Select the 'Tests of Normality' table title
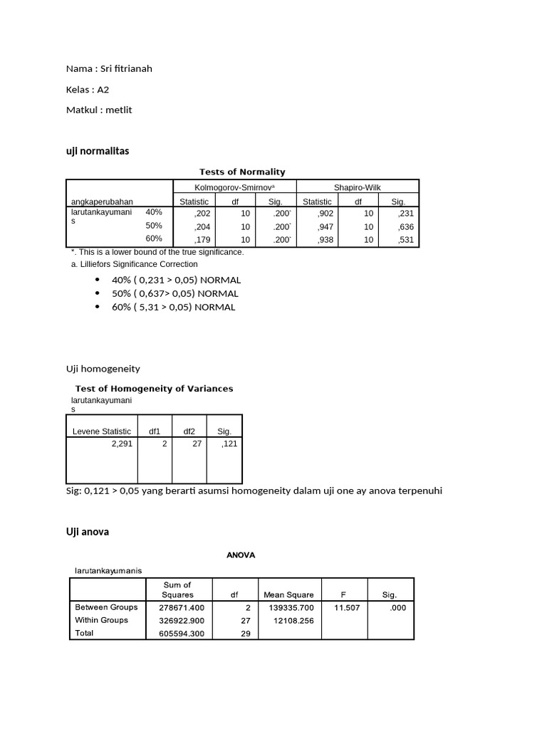[x=241, y=172]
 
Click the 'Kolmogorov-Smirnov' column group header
[x=234, y=187]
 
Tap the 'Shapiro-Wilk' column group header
[x=357, y=187]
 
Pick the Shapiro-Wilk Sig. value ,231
[x=406, y=213]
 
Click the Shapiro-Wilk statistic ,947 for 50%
[x=324, y=227]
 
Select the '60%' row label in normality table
[x=154, y=238]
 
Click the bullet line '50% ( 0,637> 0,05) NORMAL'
[x=175, y=293]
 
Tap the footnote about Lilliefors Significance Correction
[x=134, y=264]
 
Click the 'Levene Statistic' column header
[x=102, y=431]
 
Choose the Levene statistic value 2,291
[x=122, y=443]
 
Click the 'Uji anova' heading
[x=88, y=532]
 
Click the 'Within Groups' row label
[x=102, y=620]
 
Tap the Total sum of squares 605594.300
[x=182, y=634]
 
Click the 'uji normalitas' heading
[x=98, y=151]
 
